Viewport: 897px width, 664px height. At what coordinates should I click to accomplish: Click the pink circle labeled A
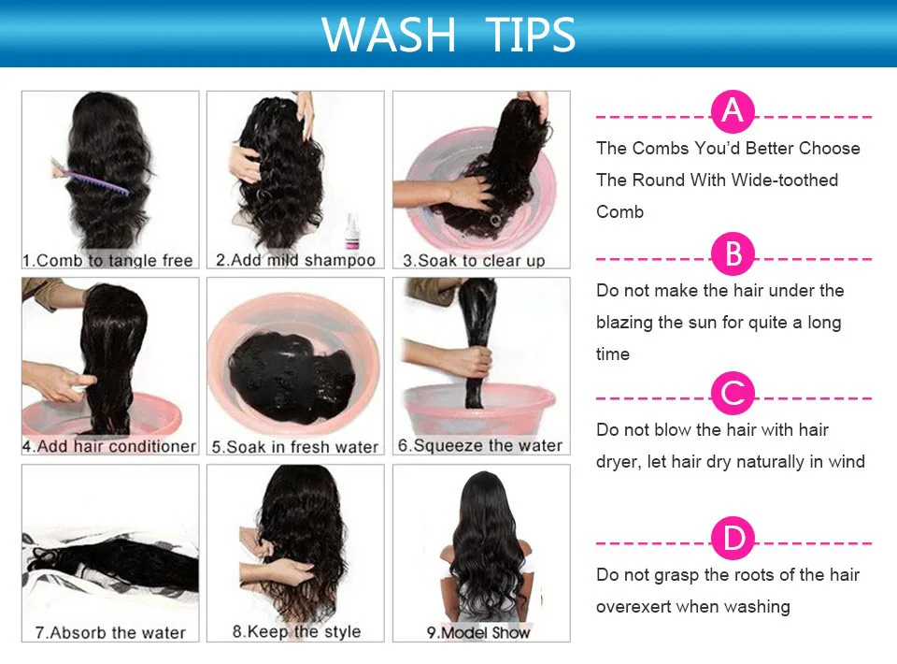733,111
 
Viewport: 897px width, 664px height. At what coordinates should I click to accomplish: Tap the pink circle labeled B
733,253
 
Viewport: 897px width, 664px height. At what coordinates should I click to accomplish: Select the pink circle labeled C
733,393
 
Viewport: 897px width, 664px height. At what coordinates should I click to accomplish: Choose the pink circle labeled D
733,539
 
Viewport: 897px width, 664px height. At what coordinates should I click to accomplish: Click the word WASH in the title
389,35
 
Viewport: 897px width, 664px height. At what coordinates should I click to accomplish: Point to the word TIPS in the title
531,35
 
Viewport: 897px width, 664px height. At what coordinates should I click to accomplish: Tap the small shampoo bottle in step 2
352,231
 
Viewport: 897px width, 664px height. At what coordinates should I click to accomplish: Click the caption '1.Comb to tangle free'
107,260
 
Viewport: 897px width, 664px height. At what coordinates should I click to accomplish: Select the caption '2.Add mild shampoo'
296,260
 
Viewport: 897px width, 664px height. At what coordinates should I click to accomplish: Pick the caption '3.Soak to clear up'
474,260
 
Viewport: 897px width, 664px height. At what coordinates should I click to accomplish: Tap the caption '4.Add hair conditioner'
109,446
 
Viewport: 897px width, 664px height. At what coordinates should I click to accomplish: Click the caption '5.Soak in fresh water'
295,446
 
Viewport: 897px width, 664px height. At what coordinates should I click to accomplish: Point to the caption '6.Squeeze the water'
480,445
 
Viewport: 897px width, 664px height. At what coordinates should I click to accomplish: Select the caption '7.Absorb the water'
110,632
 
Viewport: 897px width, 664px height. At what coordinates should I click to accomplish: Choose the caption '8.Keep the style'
296,631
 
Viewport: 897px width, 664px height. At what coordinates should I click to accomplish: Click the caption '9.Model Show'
478,632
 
